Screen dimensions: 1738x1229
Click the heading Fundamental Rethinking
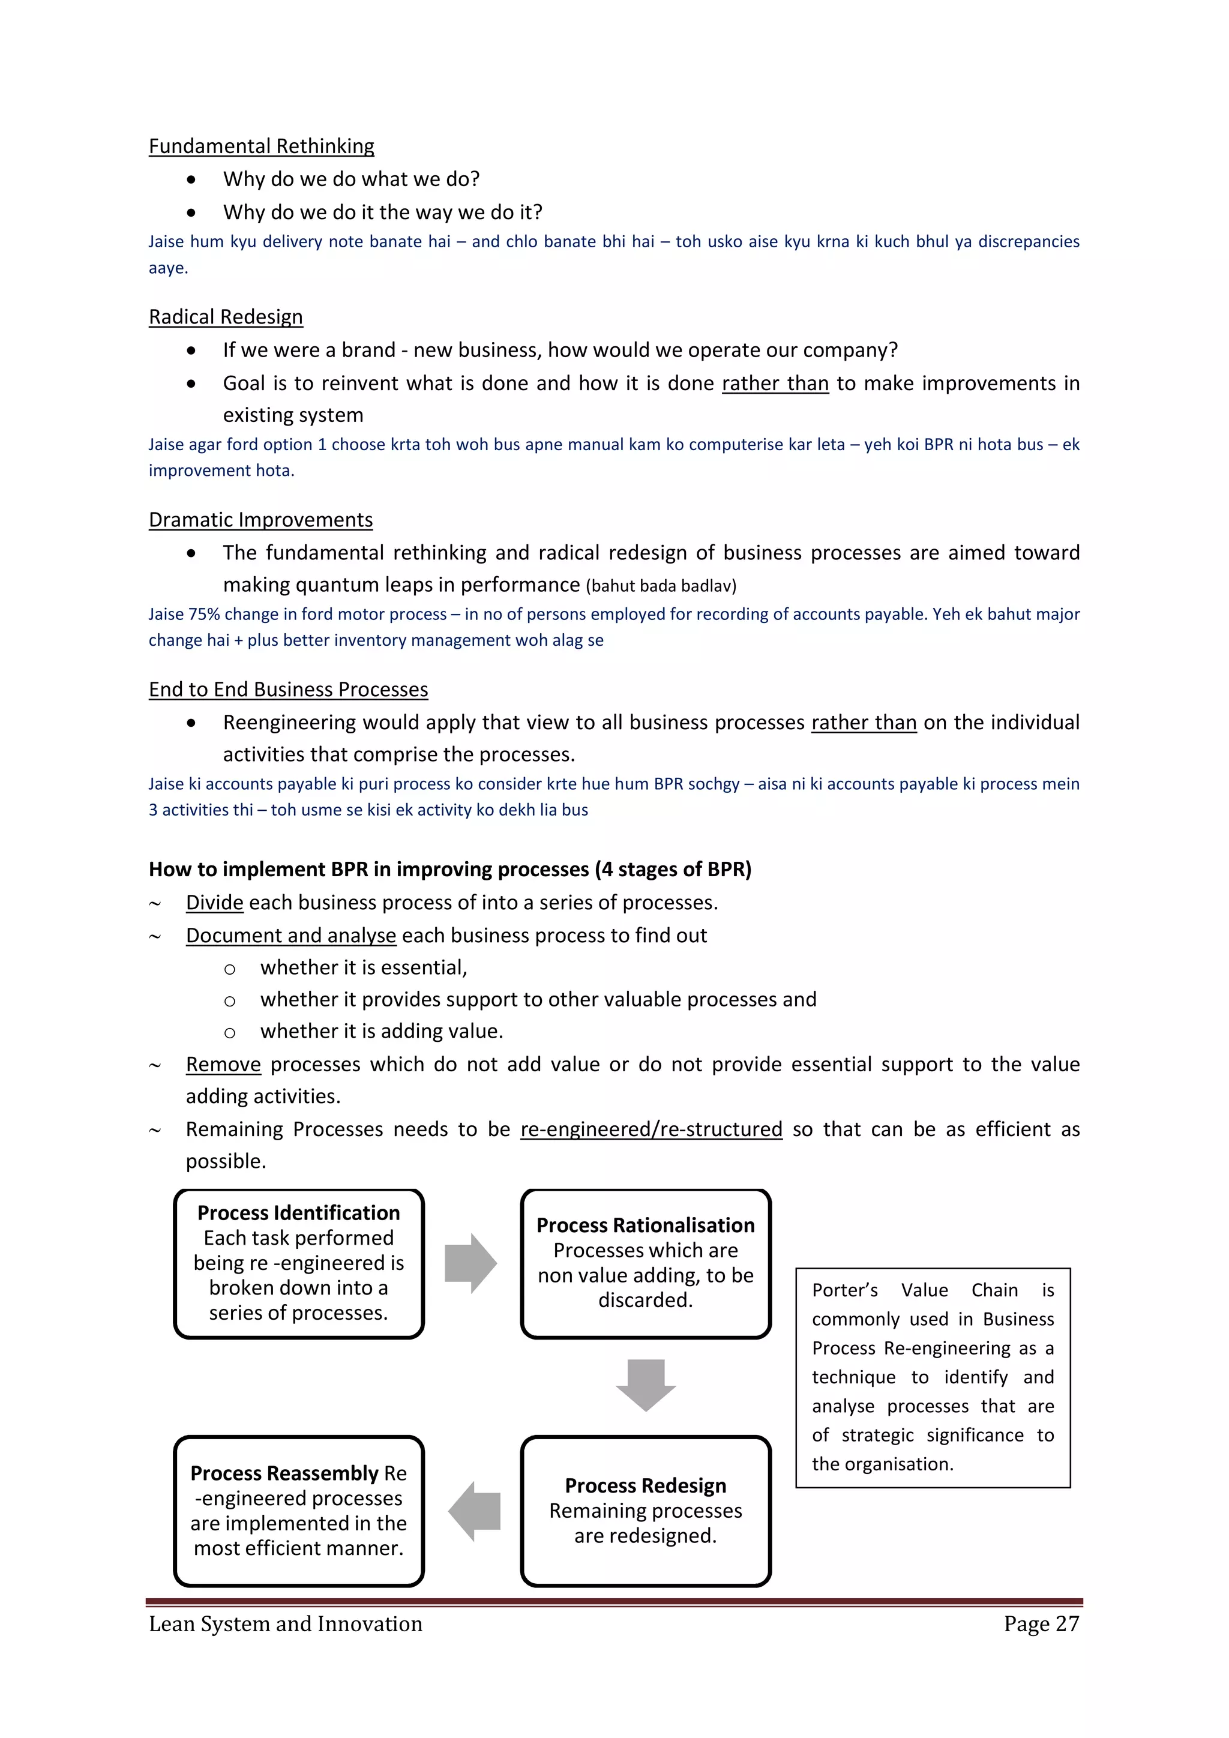click(261, 146)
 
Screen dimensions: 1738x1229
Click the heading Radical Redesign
click(226, 316)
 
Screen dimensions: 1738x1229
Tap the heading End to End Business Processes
click(288, 689)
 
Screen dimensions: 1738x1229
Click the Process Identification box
click(299, 1263)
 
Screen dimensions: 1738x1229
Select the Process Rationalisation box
click(646, 1263)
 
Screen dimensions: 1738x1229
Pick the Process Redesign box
click(646, 1509)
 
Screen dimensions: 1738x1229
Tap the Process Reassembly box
click(299, 1509)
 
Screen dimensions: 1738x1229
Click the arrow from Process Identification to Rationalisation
click(470, 1263)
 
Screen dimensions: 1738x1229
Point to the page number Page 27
click(1041, 1624)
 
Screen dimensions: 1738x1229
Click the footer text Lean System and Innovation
click(285, 1624)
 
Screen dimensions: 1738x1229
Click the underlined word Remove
click(223, 1064)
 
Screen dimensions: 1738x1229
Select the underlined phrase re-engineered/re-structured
click(651, 1129)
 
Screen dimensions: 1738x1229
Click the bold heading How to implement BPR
click(449, 869)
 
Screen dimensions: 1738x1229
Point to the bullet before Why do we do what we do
click(191, 179)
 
